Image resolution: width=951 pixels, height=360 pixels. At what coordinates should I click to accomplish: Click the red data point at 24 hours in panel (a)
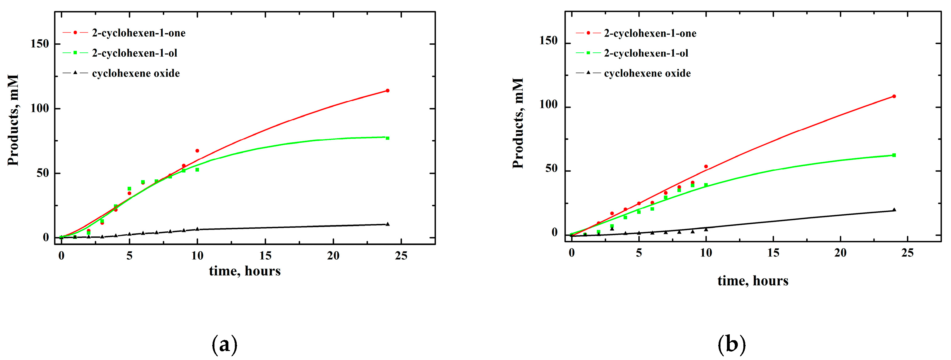pyautogui.click(x=387, y=90)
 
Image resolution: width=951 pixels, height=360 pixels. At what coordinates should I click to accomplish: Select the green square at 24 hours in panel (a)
pyautogui.click(x=387, y=138)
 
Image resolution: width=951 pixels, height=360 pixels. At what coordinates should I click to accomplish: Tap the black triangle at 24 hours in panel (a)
pyautogui.click(x=387, y=224)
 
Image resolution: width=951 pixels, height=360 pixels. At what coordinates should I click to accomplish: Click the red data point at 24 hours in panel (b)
pyautogui.click(x=894, y=96)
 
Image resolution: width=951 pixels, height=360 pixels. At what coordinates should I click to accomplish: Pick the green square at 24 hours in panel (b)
pyautogui.click(x=894, y=155)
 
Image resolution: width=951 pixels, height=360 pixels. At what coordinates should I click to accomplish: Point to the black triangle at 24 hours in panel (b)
pyautogui.click(x=894, y=210)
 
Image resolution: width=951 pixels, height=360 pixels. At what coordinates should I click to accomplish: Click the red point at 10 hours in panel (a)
pyautogui.click(x=197, y=151)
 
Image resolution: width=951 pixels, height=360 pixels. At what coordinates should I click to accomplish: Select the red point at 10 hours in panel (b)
pyautogui.click(x=706, y=166)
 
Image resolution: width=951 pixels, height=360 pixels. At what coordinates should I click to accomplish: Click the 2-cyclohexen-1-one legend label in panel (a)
pyautogui.click(x=139, y=33)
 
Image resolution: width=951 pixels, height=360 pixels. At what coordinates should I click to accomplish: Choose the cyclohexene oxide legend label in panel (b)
pyautogui.click(x=647, y=73)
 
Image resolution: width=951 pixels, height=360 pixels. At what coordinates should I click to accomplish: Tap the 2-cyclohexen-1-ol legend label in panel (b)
pyautogui.click(x=646, y=54)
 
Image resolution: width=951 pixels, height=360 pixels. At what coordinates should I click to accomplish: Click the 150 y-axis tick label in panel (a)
pyautogui.click(x=40, y=44)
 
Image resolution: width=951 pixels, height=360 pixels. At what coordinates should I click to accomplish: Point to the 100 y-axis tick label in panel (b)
pyautogui.click(x=548, y=105)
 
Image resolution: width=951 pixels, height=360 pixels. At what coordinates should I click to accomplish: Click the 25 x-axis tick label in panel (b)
pyautogui.click(x=907, y=253)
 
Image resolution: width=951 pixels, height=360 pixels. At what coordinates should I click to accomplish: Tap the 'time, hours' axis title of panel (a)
pyautogui.click(x=245, y=271)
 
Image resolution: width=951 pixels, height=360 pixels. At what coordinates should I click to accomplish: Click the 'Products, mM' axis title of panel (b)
pyautogui.click(x=518, y=123)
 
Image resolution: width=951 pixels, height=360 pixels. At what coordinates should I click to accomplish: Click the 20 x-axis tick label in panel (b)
pyautogui.click(x=840, y=253)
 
